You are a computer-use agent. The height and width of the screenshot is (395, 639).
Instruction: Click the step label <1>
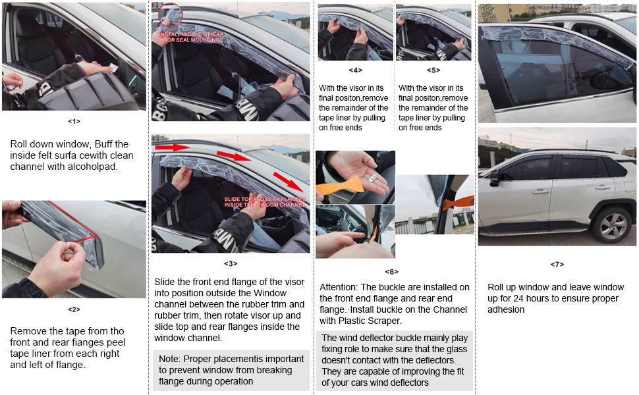pyautogui.click(x=74, y=121)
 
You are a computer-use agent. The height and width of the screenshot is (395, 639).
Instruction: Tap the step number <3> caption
pyautogui.click(x=231, y=263)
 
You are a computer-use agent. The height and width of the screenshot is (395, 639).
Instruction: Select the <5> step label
pyautogui.click(x=433, y=70)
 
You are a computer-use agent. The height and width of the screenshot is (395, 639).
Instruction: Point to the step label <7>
pyautogui.click(x=557, y=264)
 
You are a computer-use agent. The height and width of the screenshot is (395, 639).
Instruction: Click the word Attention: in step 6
pyautogui.click(x=341, y=287)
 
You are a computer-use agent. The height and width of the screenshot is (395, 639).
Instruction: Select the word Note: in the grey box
pyautogui.click(x=169, y=359)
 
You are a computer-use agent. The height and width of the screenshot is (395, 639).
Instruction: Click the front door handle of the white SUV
pyautogui.click(x=541, y=192)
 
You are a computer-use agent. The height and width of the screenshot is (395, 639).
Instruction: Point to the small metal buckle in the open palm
pyautogui.click(x=372, y=178)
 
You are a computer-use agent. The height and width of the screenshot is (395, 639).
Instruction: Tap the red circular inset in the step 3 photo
pyautogui.click(x=171, y=14)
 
